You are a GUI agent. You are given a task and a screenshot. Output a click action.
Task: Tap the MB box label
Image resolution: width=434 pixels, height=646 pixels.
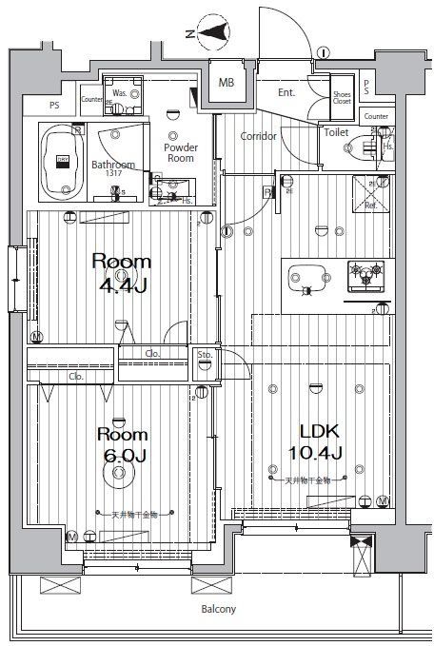(227, 84)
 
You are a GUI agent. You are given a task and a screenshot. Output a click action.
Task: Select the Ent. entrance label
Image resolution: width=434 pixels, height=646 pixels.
(286, 93)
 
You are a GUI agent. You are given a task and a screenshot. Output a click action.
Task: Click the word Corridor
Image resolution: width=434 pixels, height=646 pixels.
(258, 136)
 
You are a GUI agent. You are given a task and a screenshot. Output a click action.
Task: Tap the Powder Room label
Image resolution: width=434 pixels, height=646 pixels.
(180, 154)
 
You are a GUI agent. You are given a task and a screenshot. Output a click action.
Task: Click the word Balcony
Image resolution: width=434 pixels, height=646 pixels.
(218, 609)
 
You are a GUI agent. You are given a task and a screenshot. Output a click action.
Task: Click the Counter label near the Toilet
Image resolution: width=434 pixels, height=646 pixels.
(376, 116)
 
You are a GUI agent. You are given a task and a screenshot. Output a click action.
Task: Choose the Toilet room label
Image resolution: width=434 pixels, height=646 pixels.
(336, 133)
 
